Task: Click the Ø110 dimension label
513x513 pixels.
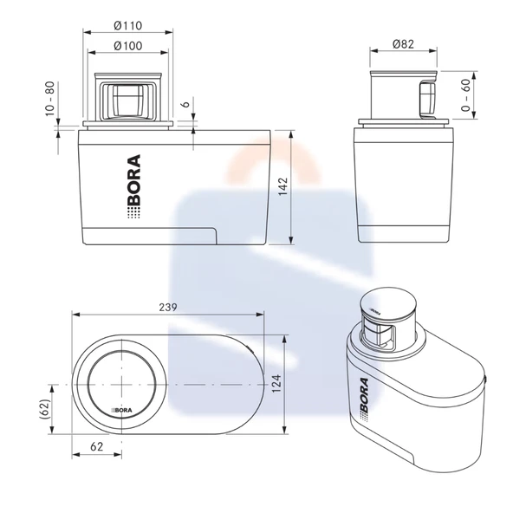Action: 128,25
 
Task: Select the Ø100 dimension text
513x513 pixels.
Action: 128,46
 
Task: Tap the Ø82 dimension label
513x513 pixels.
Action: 404,44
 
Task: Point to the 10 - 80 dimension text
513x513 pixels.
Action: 49,99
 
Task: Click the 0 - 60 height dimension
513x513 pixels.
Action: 465,95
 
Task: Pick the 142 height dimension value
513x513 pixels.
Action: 282,186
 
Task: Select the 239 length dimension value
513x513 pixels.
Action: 168,308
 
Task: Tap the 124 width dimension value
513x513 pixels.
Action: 276,384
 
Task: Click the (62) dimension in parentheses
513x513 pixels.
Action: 44,409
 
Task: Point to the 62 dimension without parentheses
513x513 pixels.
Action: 96,446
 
